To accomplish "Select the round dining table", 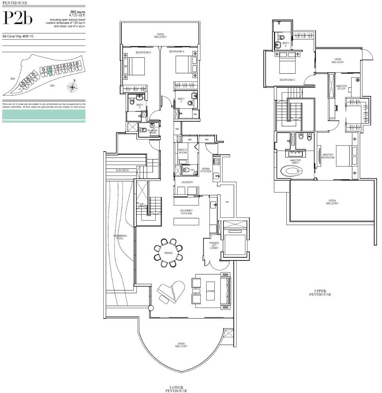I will (x=169, y=253).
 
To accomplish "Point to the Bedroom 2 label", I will (x=286, y=80).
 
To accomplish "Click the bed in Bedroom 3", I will (x=135, y=66).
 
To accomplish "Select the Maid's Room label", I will (x=183, y=150).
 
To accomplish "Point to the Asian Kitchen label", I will (x=206, y=170).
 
